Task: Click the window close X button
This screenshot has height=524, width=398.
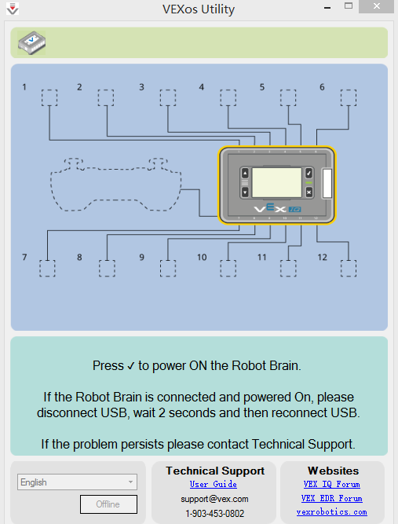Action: point(376,6)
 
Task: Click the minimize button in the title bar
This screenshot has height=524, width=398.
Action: point(327,7)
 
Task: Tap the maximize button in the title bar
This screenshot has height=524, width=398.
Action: point(349,5)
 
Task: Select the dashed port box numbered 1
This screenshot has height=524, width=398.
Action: point(49,97)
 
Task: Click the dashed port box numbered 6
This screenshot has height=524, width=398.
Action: point(349,97)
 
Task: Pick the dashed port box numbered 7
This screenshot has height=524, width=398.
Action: point(47,269)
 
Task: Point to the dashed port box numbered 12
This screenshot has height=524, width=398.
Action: point(349,269)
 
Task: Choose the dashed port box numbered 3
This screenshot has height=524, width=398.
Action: point(168,97)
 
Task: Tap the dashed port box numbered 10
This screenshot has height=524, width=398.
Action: point(228,269)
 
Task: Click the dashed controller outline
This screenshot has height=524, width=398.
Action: point(51,187)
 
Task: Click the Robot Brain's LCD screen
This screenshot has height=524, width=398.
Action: point(277,183)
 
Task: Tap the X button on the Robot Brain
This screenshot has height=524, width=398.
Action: point(309,192)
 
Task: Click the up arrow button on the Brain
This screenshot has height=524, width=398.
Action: point(245,173)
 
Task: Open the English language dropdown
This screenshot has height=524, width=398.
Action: point(77,482)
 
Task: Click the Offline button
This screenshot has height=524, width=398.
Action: point(108,504)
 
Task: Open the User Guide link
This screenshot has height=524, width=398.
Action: point(214,484)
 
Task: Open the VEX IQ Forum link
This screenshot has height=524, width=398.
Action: point(332,484)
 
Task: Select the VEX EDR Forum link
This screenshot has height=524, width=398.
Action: point(332,498)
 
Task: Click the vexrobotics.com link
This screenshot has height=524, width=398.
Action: point(332,511)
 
